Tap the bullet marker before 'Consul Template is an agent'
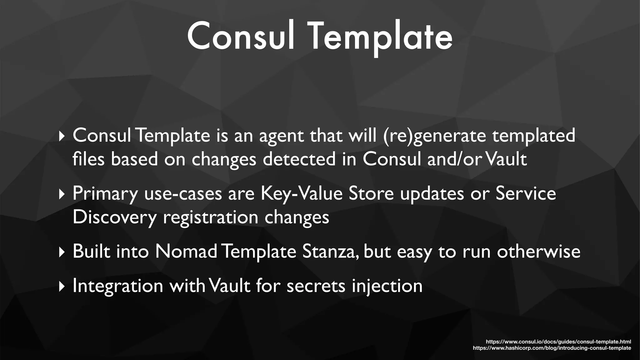[62, 136]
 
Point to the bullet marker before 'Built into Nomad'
[62, 252]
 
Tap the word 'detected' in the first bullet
[299, 159]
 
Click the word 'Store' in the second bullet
[371, 193]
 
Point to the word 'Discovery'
[114, 217]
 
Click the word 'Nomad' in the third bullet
[186, 251]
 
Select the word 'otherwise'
[538, 251]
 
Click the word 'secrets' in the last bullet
[316, 286]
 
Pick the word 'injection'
[387, 286]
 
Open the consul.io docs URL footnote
[558, 342]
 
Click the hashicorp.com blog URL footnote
[552, 348]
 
